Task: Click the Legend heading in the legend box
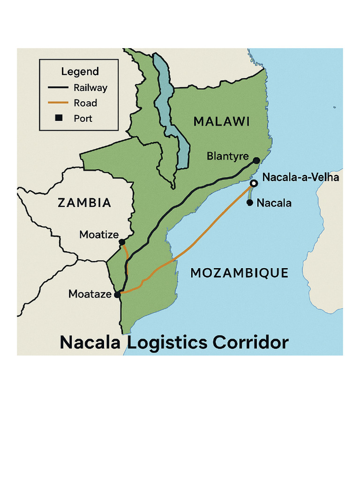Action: [x=80, y=72]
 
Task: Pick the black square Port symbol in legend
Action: [x=59, y=118]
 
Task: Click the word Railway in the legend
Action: [x=90, y=88]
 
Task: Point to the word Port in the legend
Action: [x=83, y=119]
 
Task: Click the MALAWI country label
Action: [x=221, y=122]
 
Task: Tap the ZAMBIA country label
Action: [x=84, y=203]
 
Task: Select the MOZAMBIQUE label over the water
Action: [x=239, y=273]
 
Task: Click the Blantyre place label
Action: [x=227, y=156]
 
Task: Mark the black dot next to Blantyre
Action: [x=256, y=161]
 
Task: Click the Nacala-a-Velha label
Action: [x=300, y=178]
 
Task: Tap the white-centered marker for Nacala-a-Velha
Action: [x=254, y=183]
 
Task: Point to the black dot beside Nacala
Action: [x=250, y=202]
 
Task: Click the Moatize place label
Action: [x=99, y=234]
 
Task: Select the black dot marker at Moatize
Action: [x=122, y=242]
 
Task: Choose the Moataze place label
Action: [x=90, y=294]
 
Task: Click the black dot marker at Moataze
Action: [x=117, y=295]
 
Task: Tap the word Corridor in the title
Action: [x=250, y=343]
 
